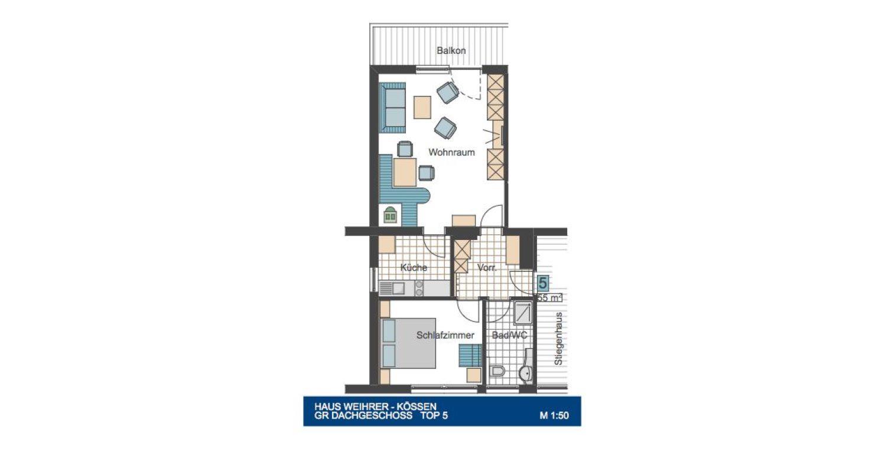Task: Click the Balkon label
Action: coord(451,50)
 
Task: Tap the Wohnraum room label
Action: coord(451,152)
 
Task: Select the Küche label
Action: coord(414,268)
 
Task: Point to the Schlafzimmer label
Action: coord(445,335)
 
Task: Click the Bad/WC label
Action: coord(509,335)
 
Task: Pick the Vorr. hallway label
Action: coord(487,268)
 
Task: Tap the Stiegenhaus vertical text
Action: coord(558,339)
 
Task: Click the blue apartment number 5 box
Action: coord(542,283)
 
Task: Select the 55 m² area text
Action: coord(549,298)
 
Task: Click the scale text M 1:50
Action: coord(554,416)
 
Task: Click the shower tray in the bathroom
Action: coord(523,314)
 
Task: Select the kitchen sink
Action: coord(392,288)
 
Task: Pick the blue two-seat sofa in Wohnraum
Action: coord(392,108)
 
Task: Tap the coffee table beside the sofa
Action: coord(422,107)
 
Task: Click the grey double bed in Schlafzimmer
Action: coord(408,343)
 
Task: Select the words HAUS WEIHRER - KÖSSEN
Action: coord(375,406)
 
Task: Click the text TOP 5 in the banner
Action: coord(434,416)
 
